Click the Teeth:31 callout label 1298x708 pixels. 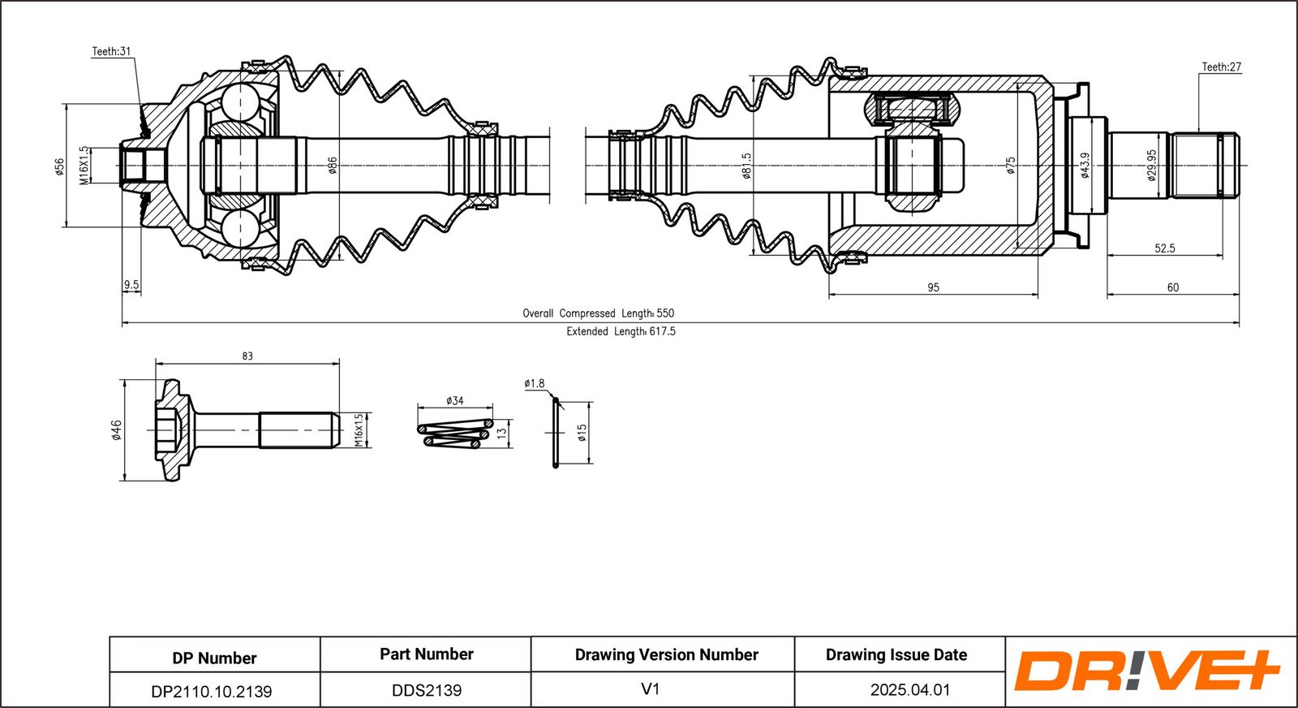tap(111, 51)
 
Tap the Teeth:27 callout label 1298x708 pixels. tap(1221, 67)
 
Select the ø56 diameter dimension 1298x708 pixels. tap(59, 166)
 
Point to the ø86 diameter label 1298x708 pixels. tap(333, 166)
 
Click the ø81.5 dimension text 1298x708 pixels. tap(746, 166)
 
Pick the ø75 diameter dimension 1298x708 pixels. tap(1011, 166)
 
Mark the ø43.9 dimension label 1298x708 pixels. tap(1085, 166)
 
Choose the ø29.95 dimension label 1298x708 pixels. tap(1152, 166)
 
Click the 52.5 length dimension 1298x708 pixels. tap(1165, 248)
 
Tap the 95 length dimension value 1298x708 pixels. tap(933, 287)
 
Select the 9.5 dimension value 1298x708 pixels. tap(131, 285)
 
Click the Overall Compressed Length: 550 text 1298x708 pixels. tap(598, 313)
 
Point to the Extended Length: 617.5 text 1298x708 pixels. tap(621, 331)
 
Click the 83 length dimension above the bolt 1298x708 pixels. tap(247, 356)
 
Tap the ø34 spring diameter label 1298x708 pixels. tap(455, 400)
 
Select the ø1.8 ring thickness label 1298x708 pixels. tap(535, 383)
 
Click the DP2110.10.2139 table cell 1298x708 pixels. tap(212, 691)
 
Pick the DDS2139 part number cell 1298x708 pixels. tap(427, 690)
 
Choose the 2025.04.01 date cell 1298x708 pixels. tap(909, 689)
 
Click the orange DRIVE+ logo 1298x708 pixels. tap(1146, 671)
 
